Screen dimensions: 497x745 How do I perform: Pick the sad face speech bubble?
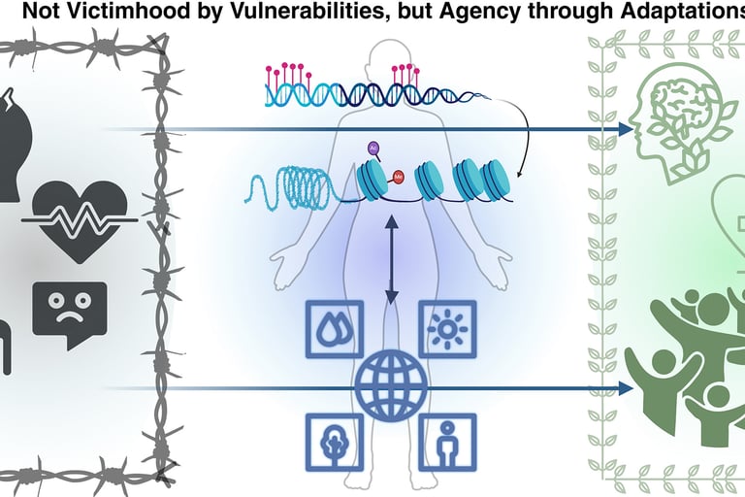pos(69,313)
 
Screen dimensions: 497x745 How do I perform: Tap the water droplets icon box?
pos(335,329)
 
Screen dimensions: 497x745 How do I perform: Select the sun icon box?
pos(447,329)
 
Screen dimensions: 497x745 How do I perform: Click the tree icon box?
pos(335,442)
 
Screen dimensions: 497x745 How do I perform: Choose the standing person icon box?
pos(447,442)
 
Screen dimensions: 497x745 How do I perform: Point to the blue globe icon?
pos(391,385)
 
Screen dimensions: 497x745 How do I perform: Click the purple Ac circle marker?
pos(373,148)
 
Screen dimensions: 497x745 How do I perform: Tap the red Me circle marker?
pos(398,177)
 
